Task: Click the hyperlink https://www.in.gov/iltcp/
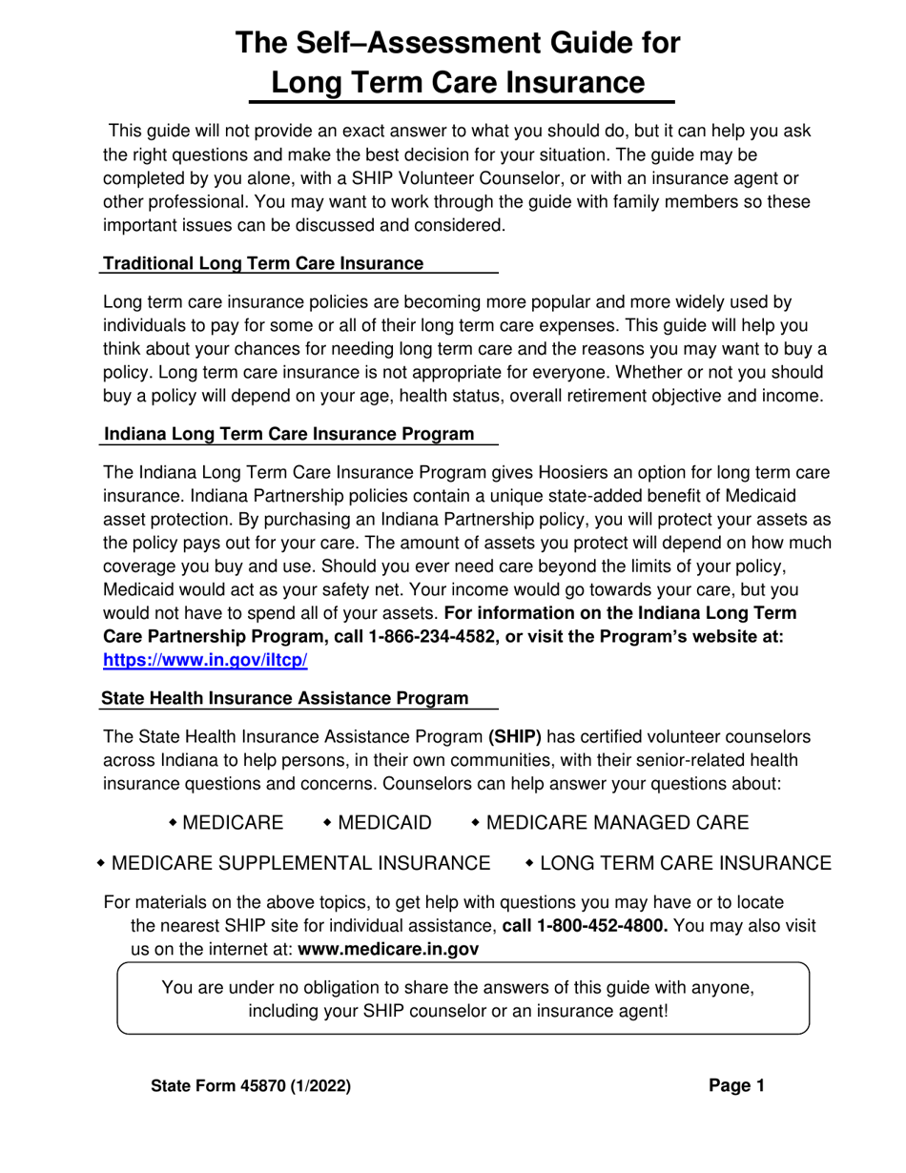click(204, 660)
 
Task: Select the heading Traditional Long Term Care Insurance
click(263, 263)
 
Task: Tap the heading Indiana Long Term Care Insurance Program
click(288, 434)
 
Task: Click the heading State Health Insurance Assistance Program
click(285, 698)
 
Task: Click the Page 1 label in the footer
click(736, 1085)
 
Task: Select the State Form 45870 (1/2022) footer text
click(251, 1086)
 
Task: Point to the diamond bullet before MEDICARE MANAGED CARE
click(476, 822)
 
